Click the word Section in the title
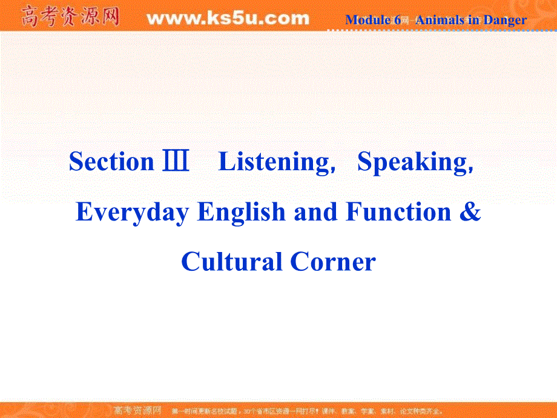(111, 162)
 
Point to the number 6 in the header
(397, 20)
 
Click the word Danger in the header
(504, 20)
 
